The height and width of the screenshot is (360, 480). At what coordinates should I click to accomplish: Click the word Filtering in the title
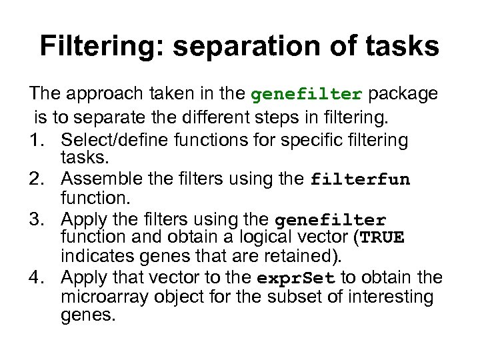[x=99, y=47]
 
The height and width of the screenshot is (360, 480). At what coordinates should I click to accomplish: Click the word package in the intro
[x=403, y=94]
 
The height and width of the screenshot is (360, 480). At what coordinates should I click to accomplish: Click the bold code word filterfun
[x=361, y=180]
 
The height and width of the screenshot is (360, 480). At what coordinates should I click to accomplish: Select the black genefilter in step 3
[x=330, y=219]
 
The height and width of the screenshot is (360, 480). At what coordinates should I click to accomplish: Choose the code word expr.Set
[x=296, y=277]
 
